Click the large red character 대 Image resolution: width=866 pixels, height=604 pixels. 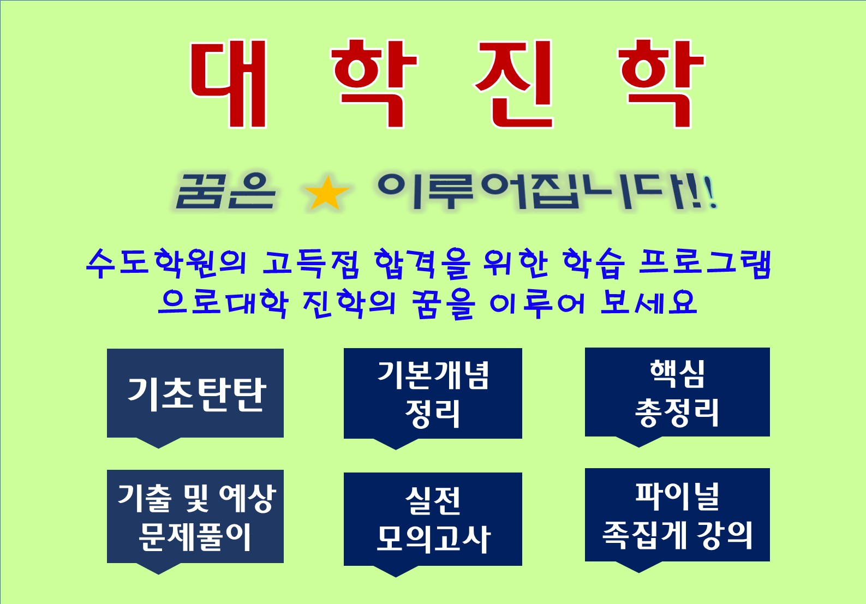tap(228, 83)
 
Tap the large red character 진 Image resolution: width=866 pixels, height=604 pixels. tap(514, 83)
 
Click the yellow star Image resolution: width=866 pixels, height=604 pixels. tap(327, 193)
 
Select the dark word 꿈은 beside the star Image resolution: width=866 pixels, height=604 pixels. tap(225, 192)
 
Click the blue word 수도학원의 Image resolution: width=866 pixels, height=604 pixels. tap(166, 264)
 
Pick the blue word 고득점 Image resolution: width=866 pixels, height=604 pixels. tap(310, 264)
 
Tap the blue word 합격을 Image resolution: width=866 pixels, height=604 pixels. tap(422, 264)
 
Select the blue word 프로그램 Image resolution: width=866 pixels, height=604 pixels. tap(704, 264)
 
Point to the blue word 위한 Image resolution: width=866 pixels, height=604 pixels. tap(516, 264)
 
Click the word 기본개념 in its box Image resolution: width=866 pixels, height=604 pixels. tap(433, 375)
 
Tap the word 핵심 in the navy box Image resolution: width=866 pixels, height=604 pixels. tap(677, 374)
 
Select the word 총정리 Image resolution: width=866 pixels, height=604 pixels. tap(677, 412)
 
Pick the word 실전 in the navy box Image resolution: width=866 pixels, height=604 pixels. tap(433, 500)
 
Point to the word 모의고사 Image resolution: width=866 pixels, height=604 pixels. tap(433, 539)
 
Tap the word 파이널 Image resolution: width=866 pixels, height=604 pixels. tap(677, 497)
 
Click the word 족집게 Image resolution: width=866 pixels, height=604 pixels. tap(644, 535)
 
